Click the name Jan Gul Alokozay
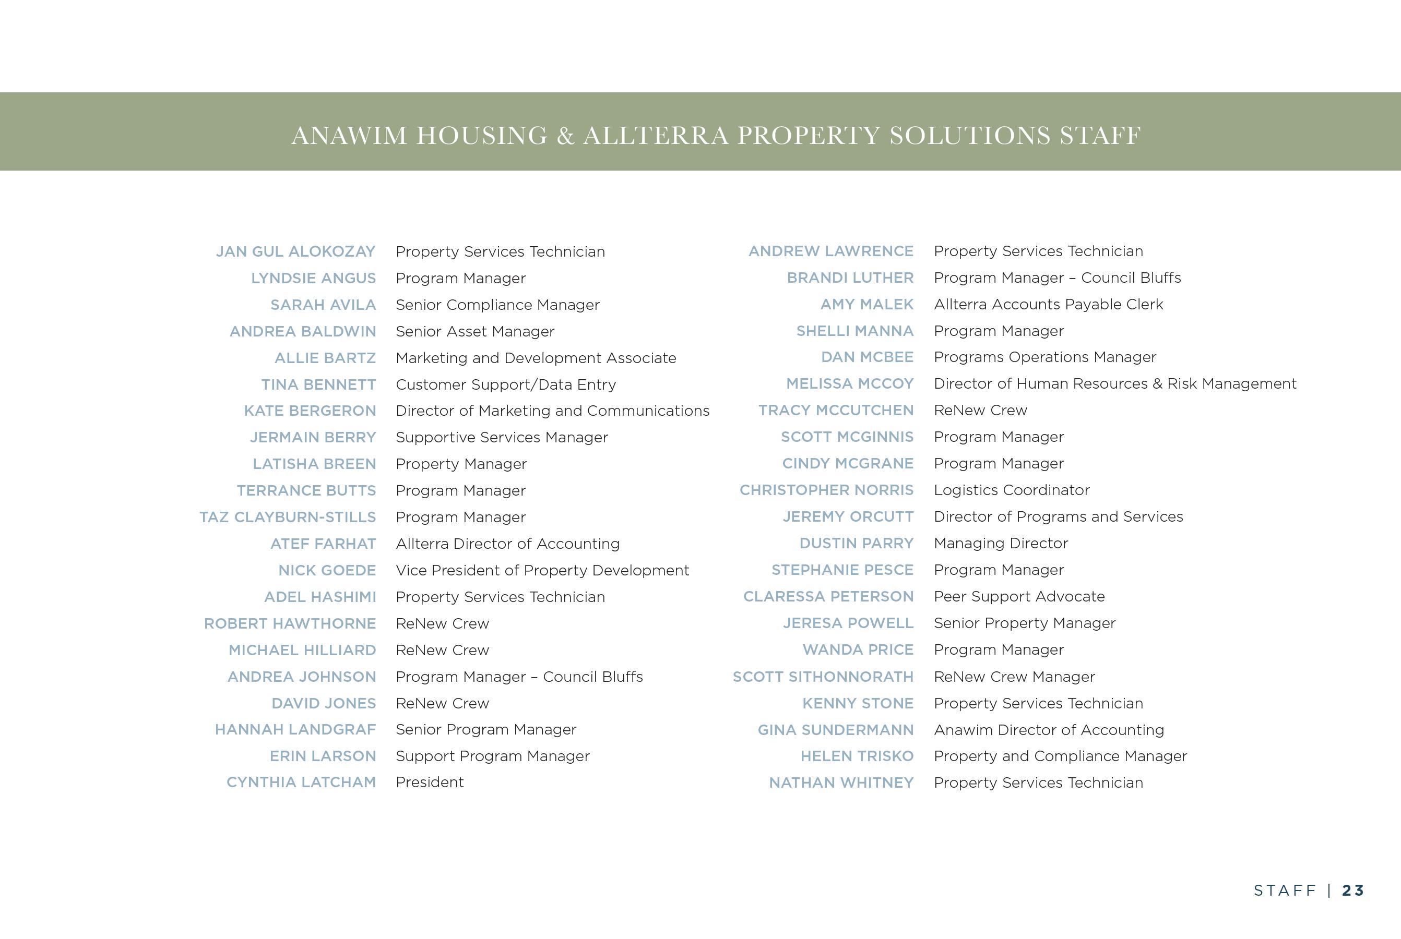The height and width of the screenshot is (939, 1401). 295,251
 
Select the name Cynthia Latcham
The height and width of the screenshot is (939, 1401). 301,782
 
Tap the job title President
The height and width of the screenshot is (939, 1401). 430,782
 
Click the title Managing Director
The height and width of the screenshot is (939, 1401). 1001,543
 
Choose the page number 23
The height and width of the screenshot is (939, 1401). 1353,890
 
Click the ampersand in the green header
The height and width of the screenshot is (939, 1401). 565,136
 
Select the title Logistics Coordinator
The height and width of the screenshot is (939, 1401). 1012,490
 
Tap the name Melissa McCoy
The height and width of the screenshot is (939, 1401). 850,383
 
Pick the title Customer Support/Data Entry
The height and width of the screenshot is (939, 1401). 506,384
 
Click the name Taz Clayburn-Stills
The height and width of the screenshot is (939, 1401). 288,517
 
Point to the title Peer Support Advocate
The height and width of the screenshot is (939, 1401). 1019,596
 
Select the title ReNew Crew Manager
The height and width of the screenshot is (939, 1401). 1014,677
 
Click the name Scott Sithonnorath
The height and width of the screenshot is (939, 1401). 823,677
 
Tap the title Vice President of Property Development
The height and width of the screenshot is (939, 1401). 542,570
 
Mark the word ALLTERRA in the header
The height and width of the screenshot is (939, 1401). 656,136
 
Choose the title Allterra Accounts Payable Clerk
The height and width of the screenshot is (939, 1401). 1048,304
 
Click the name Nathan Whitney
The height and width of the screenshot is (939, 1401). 841,782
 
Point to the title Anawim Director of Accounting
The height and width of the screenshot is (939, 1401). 1049,730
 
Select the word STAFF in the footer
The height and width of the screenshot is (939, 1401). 1284,890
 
